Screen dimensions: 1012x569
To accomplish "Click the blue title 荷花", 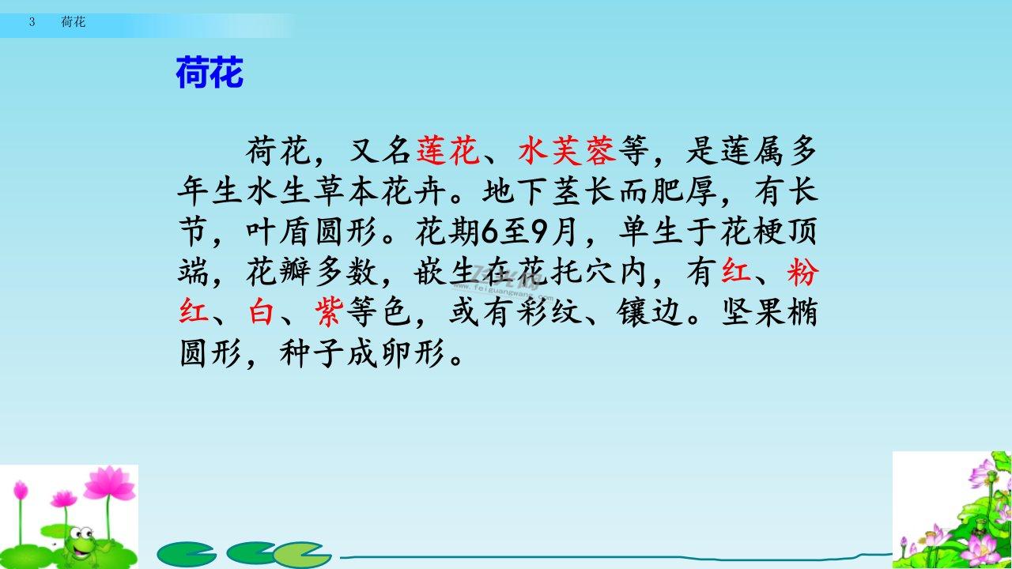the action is tap(210, 72).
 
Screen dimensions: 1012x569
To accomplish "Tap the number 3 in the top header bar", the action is tap(32, 21).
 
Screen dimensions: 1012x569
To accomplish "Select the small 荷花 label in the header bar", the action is tap(74, 21).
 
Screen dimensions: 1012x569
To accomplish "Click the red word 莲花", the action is tap(447, 150).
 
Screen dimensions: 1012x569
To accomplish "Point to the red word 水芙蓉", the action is tap(568, 150).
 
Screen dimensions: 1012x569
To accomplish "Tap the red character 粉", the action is tap(802, 272).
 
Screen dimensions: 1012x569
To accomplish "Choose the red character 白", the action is tap(261, 311).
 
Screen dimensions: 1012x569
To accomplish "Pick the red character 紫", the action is tap(329, 311).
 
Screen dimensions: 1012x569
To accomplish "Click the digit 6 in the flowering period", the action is tap(489, 232).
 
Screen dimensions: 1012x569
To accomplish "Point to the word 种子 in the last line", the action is tap(312, 352).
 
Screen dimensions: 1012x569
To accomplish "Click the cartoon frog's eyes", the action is tap(81, 533).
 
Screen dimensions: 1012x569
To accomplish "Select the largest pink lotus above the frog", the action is tap(110, 482).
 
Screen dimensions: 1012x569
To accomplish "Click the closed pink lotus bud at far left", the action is tap(21, 491).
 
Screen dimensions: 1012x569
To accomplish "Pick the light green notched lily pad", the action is tap(302, 555).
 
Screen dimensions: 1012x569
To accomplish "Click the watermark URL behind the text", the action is tap(502, 292).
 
